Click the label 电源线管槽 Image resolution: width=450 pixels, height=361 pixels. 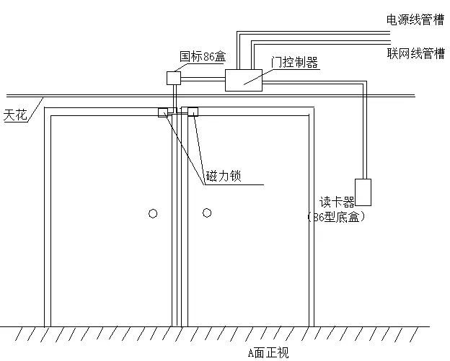pos(415,19)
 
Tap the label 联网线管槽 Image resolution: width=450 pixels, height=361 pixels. pos(415,53)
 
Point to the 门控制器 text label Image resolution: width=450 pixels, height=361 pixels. pos(294,63)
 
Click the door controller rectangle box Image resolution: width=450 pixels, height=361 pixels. pos(244,80)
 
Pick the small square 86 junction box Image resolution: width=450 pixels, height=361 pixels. pos(174,77)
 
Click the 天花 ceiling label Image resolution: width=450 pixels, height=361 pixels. pos(15,114)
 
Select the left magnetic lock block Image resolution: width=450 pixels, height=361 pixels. pos(163,112)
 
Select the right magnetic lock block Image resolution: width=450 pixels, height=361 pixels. pos(193,112)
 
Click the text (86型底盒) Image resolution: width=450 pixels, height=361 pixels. pos(335,216)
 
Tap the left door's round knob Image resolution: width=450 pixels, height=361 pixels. pos(153,213)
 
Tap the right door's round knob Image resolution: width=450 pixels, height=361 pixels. pos(207,213)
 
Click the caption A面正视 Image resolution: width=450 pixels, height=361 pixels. pos(268,352)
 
